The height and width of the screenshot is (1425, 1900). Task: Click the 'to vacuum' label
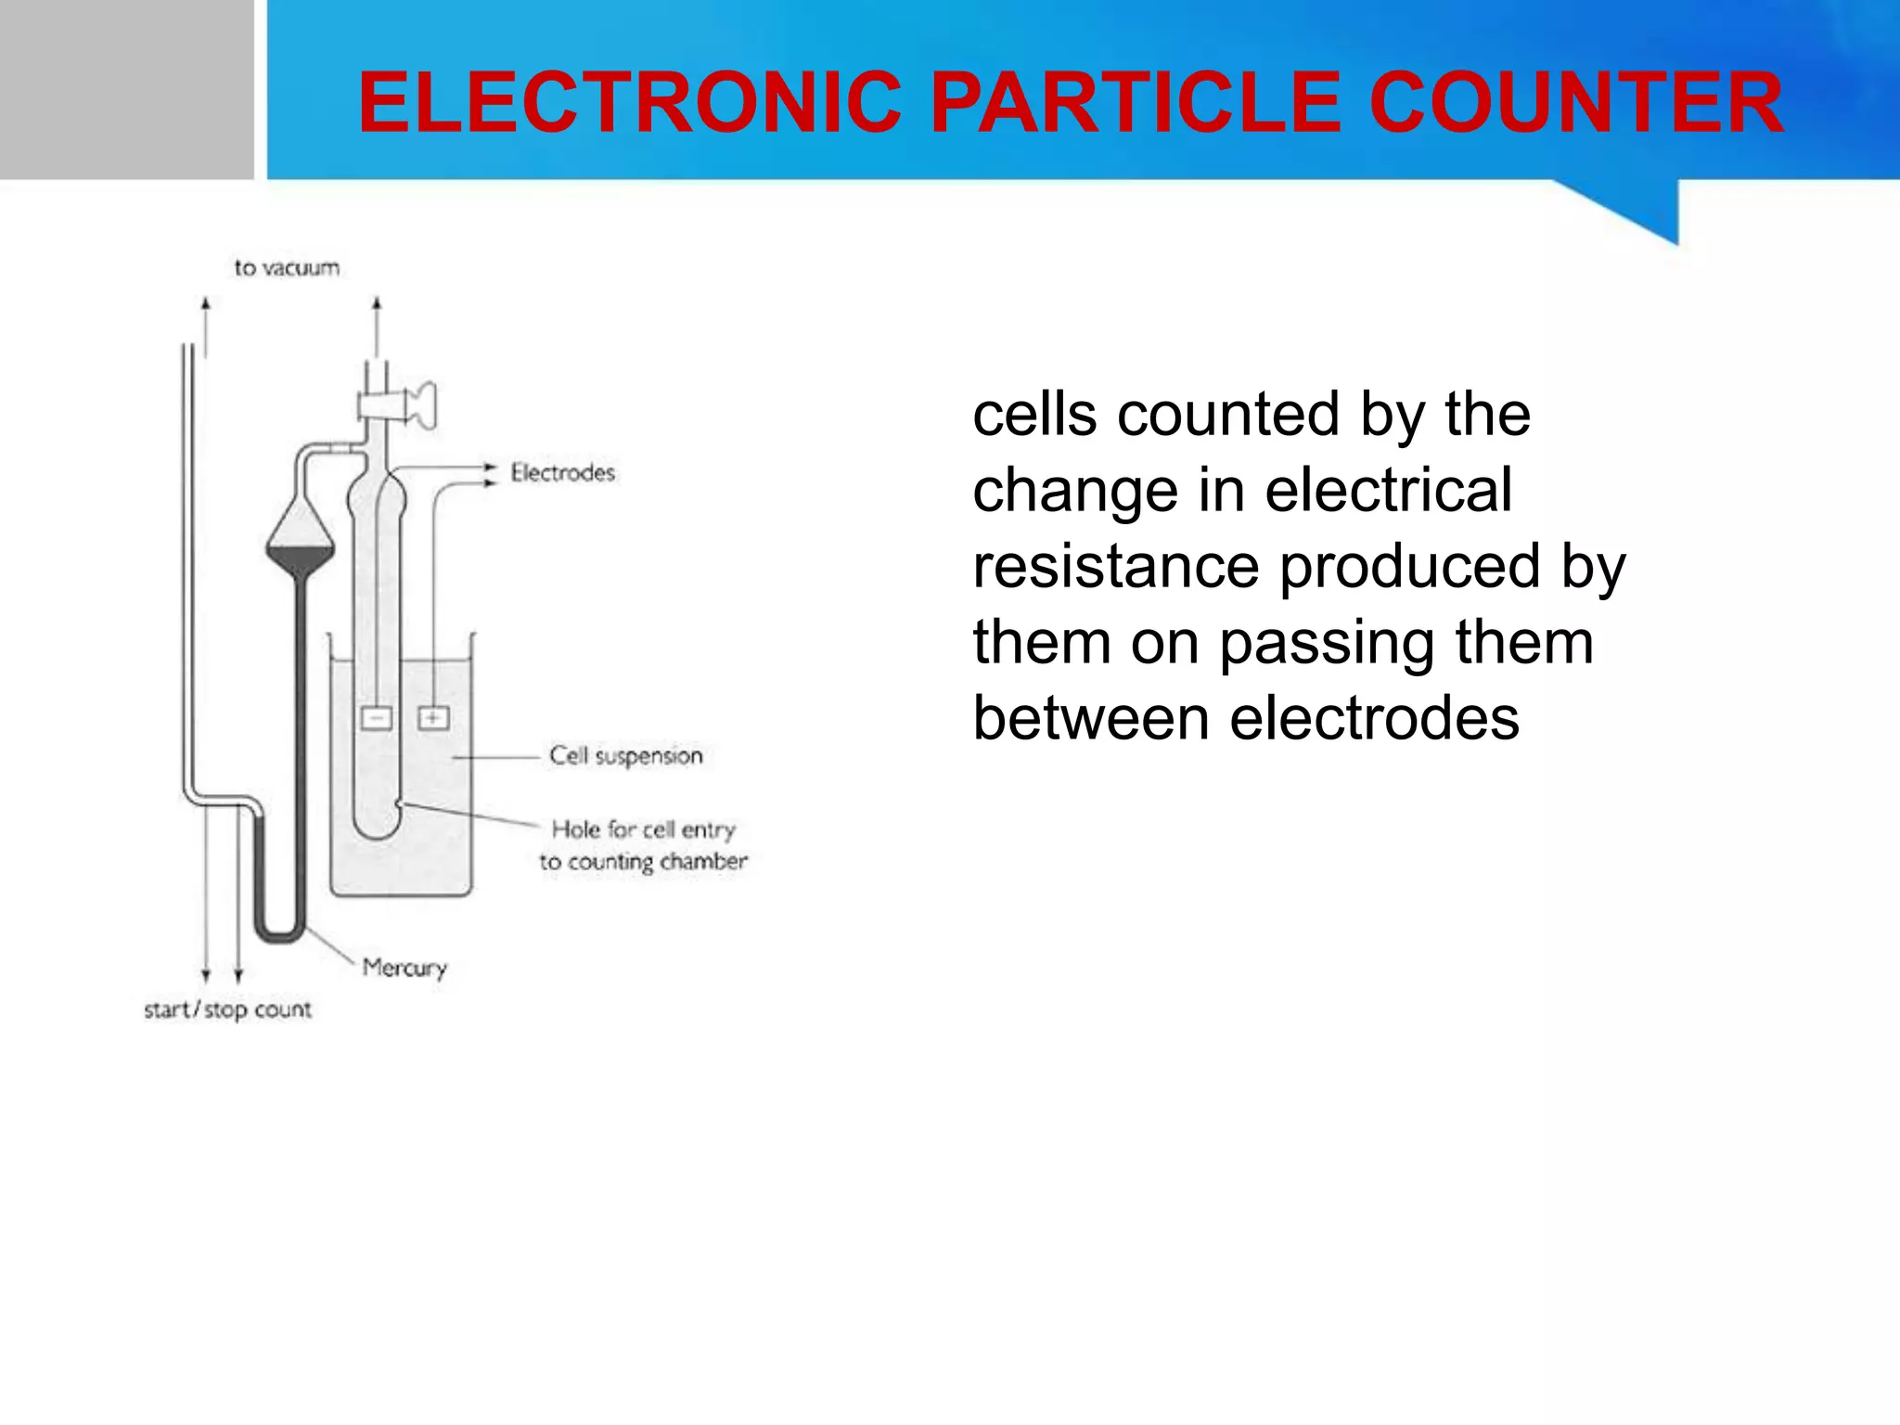coord(287,268)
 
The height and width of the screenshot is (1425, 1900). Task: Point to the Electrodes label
coord(562,473)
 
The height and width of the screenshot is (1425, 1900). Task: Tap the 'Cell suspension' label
coord(625,756)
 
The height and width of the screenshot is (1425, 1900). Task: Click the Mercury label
coord(404,969)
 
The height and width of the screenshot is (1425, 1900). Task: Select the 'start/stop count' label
coord(227,1009)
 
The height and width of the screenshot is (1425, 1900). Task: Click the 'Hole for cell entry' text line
coord(643,829)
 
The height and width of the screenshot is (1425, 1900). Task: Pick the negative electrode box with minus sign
coord(376,718)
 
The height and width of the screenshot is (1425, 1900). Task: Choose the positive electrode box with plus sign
coord(433,718)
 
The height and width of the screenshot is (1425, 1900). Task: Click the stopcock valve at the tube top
coord(399,406)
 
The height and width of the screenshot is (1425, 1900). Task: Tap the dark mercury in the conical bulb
coord(300,559)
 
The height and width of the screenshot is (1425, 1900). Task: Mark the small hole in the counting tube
coord(398,803)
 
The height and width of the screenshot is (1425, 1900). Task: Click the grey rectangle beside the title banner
coord(126,89)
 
